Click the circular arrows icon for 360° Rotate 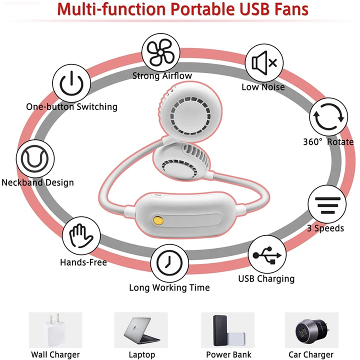328,117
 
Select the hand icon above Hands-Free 80,236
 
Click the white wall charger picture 54,330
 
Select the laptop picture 141,330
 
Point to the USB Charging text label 266,278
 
